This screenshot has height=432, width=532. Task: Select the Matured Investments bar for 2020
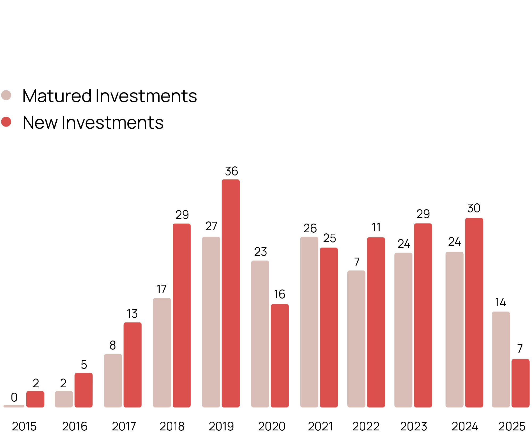[x=260, y=334]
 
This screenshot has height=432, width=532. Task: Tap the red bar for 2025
[x=520, y=383]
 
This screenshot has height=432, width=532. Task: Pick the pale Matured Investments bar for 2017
[x=113, y=380]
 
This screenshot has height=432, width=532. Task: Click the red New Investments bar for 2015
[x=35, y=399]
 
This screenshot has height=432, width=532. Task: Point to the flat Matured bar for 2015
[x=14, y=406]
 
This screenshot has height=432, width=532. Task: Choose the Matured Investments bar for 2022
[x=356, y=339]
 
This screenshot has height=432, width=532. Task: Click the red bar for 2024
[x=474, y=313]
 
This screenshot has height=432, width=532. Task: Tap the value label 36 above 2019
[x=231, y=171]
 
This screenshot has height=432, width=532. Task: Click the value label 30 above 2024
[x=474, y=208]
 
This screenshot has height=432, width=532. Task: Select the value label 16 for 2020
[x=280, y=294]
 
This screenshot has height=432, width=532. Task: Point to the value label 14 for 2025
[x=500, y=302]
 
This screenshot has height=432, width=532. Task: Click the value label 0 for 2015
[x=14, y=397]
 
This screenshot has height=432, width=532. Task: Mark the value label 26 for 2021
[x=310, y=228]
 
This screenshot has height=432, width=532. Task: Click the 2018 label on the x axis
[x=172, y=426]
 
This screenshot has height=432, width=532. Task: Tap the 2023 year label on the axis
[x=413, y=426]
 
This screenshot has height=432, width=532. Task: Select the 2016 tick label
[x=75, y=426]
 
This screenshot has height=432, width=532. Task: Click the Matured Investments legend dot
[x=6, y=95]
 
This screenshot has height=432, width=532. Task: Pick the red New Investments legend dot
[x=6, y=122]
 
